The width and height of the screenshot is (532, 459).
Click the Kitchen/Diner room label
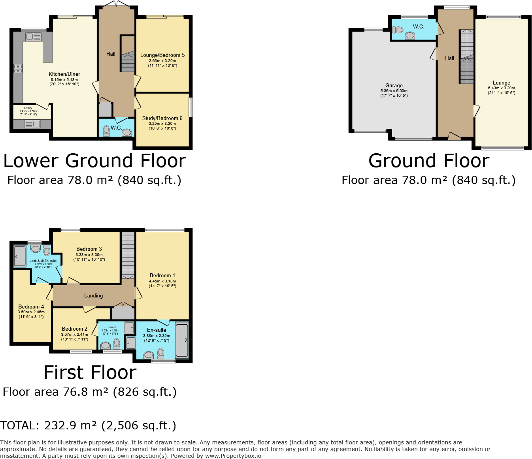(64, 74)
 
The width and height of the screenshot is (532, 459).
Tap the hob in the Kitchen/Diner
(18, 68)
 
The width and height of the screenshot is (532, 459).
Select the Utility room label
(28, 108)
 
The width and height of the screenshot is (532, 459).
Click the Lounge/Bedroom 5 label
(162, 55)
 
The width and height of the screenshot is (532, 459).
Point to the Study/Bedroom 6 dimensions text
(162, 126)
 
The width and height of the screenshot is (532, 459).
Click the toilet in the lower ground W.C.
(106, 131)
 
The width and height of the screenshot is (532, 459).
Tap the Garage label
(394, 85)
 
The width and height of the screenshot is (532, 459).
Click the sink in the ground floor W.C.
(410, 36)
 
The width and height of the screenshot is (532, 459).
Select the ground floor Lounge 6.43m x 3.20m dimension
(501, 88)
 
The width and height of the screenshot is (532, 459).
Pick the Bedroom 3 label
(89, 249)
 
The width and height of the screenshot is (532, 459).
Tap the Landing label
(93, 295)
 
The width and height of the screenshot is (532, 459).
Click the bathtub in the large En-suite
(182, 340)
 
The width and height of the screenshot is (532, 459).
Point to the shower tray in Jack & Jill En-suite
(20, 256)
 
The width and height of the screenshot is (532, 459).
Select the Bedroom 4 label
(31, 307)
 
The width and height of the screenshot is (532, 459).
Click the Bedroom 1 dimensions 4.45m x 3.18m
(162, 281)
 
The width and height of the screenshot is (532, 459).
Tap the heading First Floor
(90, 372)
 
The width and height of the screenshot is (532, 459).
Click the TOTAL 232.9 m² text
(88, 425)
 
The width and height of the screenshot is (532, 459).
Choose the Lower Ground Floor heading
(94, 161)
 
